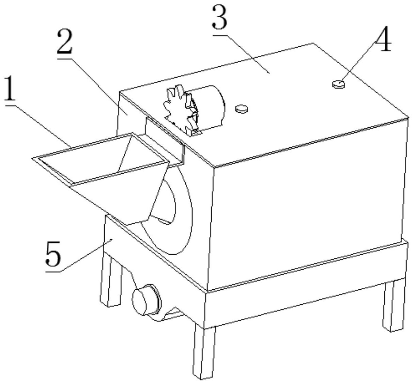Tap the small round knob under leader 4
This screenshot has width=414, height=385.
coord(338,84)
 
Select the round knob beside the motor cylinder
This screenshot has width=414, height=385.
coord(242,109)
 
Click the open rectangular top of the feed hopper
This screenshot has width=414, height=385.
coord(101,159)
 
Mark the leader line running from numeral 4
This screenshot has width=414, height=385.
coord(358,62)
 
